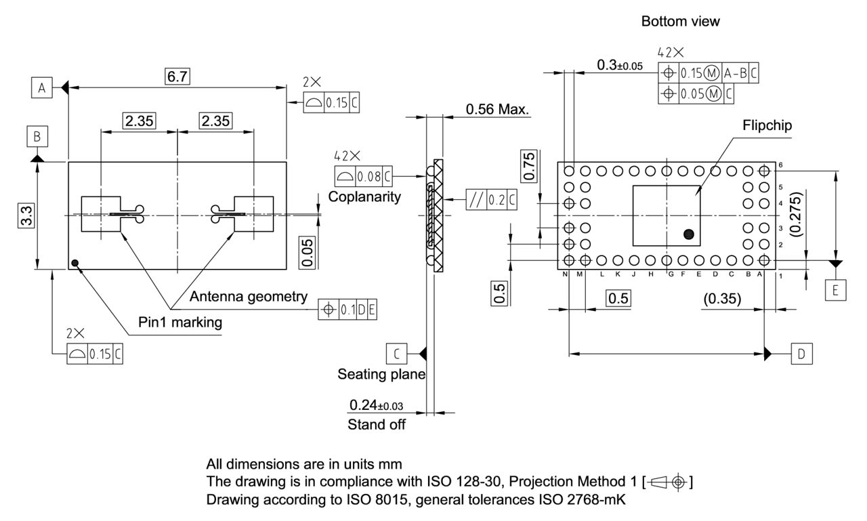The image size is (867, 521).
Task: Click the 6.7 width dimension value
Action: click(x=177, y=77)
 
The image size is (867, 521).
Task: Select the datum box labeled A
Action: click(x=41, y=87)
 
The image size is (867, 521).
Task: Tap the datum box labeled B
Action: click(x=37, y=137)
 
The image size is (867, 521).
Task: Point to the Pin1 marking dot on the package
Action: click(x=75, y=263)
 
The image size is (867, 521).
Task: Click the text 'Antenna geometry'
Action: click(x=249, y=297)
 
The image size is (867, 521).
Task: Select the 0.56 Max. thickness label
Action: click(x=497, y=110)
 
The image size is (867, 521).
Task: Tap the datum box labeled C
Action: click(x=396, y=353)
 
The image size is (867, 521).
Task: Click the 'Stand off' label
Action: click(x=377, y=425)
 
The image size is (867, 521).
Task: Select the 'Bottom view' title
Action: click(x=680, y=22)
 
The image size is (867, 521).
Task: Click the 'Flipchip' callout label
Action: click(x=767, y=125)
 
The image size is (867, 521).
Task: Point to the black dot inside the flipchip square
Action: click(x=689, y=234)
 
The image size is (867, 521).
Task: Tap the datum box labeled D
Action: click(x=802, y=353)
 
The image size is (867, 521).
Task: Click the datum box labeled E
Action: click(x=835, y=291)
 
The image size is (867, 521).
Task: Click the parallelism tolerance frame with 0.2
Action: click(x=491, y=200)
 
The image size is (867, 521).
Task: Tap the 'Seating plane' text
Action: click(x=381, y=374)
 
